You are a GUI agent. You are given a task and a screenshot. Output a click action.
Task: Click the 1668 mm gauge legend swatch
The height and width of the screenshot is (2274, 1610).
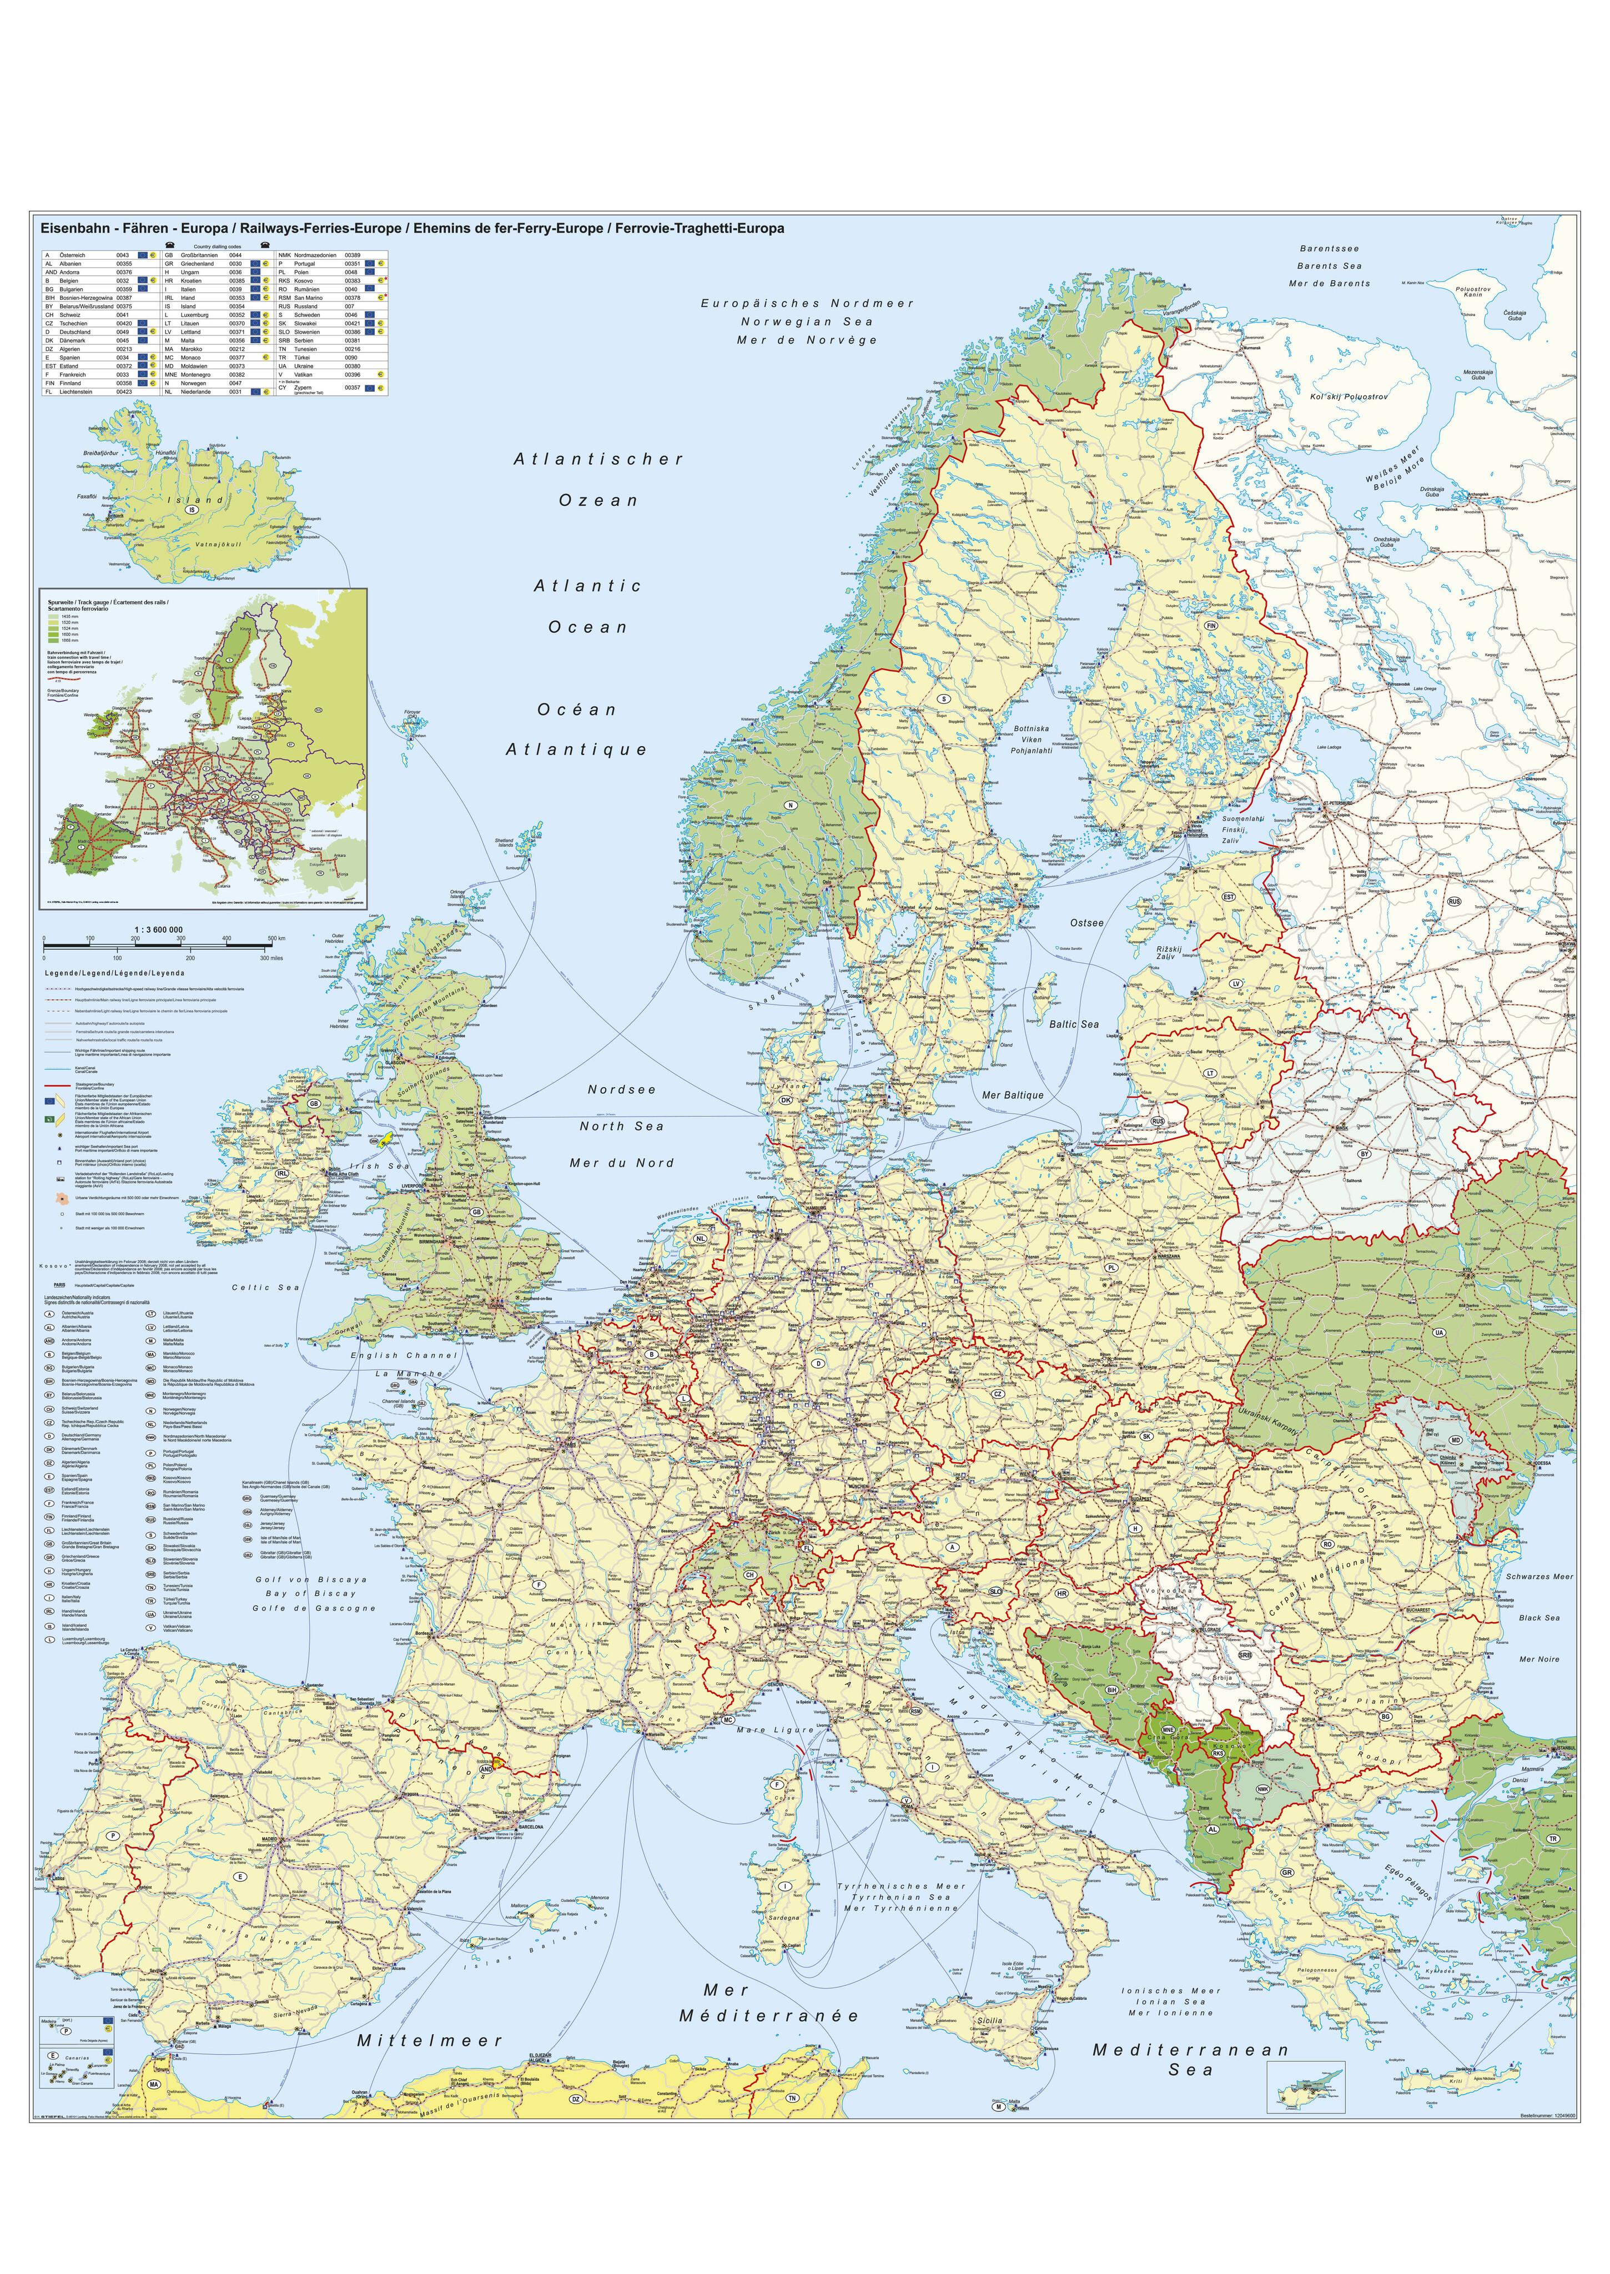pos(54,640)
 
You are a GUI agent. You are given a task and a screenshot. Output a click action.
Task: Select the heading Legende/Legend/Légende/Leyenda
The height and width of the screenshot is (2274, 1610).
pos(114,973)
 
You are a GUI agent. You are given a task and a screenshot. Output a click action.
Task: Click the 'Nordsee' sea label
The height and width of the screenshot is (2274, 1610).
pos(622,1089)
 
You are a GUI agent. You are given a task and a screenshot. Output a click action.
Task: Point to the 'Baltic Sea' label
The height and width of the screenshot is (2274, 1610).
pos(1074,1024)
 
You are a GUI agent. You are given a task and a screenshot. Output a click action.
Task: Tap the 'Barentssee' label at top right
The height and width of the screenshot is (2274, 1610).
pos(1330,249)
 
